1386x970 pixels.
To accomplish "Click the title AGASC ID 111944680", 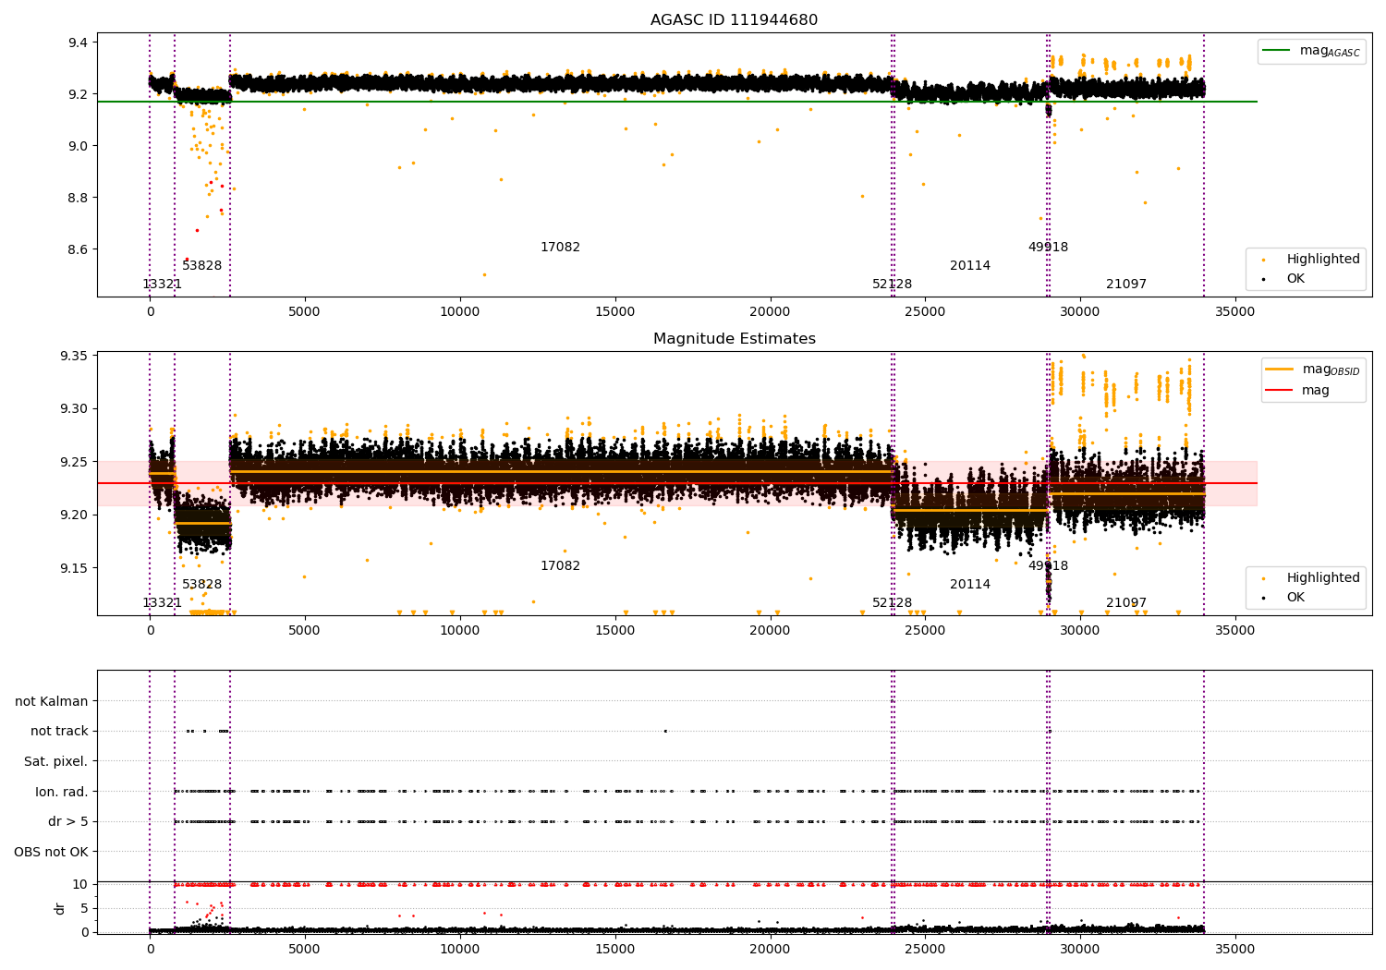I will (734, 20).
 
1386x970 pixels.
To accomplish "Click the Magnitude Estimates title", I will (734, 339).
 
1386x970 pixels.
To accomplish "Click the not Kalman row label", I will (52, 702).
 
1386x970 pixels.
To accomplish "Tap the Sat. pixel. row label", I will (55, 762).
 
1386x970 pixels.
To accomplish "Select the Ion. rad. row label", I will (61, 792).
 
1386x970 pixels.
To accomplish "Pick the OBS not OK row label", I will (51, 852).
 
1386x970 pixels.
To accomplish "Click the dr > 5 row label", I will (67, 822).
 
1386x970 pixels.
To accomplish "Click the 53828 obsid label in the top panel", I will (201, 266).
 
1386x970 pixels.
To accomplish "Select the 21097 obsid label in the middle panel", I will (1125, 603).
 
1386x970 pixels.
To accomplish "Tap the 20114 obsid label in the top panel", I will (969, 266).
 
